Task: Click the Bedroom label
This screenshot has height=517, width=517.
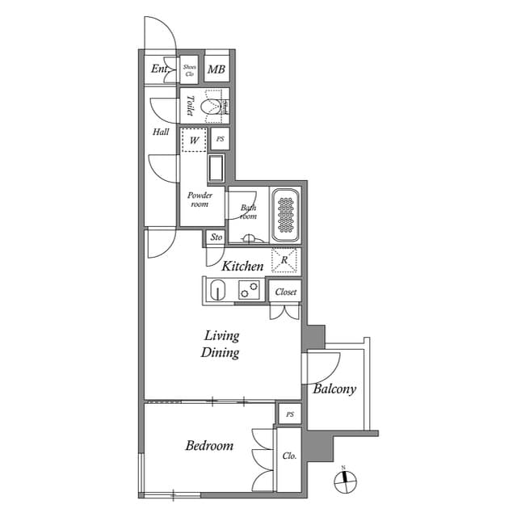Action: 209,445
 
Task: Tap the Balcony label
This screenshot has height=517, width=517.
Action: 334,389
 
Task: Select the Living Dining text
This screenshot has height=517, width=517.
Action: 221,344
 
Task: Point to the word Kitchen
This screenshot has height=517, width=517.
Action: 242,266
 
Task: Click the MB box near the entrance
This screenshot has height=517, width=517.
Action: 216,69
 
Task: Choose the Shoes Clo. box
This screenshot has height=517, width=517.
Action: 190,69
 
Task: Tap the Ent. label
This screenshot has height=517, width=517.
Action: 159,69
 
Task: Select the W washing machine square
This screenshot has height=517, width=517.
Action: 194,140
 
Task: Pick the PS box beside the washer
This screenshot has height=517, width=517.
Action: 220,139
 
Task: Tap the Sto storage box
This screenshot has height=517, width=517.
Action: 216,237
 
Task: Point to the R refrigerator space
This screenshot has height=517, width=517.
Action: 284,260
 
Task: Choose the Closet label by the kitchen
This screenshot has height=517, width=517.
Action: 285,292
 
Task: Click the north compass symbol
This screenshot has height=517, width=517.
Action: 344,480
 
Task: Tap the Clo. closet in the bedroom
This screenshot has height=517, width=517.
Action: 289,456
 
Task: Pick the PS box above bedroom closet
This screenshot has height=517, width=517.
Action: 289,414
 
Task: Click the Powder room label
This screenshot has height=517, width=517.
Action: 200,200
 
